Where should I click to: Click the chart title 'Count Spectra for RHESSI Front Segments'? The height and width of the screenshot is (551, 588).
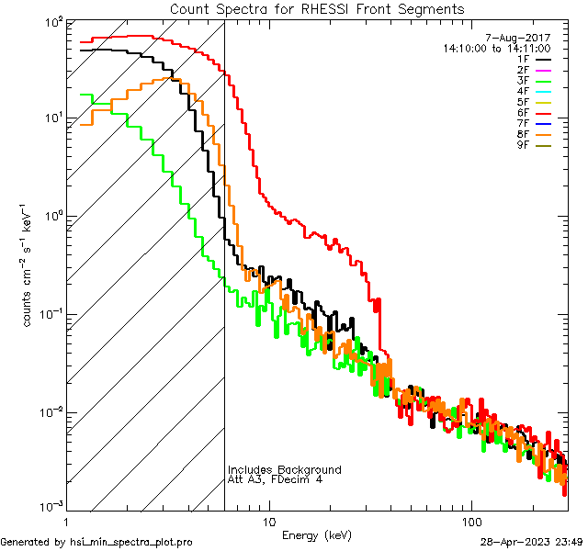pos(317,9)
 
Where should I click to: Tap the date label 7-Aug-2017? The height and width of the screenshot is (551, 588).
pos(525,38)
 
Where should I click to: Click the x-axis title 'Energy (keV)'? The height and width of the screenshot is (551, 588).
pos(316,534)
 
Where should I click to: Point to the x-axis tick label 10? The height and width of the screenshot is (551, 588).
pos(268,522)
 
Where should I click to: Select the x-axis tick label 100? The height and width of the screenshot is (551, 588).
pos(470,522)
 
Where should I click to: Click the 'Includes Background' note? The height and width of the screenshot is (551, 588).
pos(284,470)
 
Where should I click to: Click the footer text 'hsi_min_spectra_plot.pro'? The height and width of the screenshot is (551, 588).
pos(131,542)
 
